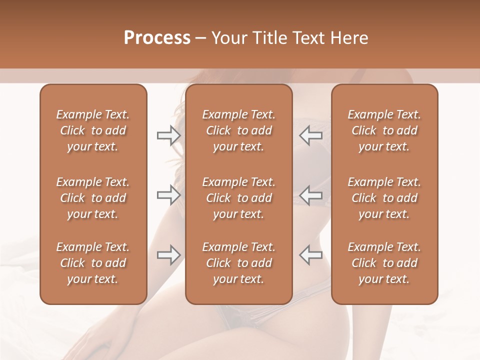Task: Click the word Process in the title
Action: click(x=157, y=38)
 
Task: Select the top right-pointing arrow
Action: click(x=168, y=135)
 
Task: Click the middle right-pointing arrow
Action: click(x=168, y=194)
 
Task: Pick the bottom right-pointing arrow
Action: click(x=168, y=255)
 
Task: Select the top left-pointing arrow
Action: click(x=310, y=135)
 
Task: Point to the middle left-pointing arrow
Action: click(x=310, y=194)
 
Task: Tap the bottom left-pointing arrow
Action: click(x=310, y=255)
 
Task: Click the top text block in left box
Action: click(x=93, y=130)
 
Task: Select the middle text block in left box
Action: click(x=93, y=198)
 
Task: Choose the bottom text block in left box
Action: click(x=93, y=263)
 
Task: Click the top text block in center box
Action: click(x=238, y=130)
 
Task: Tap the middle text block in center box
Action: click(x=238, y=198)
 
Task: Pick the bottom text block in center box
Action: click(x=238, y=263)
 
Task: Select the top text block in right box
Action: click(x=384, y=130)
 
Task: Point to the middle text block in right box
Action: click(x=384, y=198)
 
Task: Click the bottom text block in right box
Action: click(x=384, y=263)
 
